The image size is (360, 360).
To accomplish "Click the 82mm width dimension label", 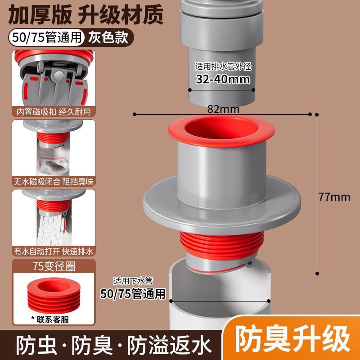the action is [223, 109].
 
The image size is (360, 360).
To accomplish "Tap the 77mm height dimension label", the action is [334, 197].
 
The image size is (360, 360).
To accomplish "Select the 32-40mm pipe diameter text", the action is [223, 79].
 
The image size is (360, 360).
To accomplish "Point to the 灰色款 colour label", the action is [108, 37].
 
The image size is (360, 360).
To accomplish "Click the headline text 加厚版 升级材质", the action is [85, 15].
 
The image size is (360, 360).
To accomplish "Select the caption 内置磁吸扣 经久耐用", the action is [54, 112].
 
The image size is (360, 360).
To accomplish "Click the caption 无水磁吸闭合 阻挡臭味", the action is [54, 182].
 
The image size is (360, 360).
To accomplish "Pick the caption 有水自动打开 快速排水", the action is [54, 252].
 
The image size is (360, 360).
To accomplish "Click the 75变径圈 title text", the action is [54, 266].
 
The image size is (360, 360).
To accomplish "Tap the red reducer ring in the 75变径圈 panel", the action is [54, 295].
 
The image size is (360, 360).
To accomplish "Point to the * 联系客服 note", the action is [50, 319].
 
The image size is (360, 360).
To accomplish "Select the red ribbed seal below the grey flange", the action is [221, 244].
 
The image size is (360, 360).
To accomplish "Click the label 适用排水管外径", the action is [223, 66].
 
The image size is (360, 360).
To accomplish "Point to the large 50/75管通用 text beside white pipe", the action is [133, 294].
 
